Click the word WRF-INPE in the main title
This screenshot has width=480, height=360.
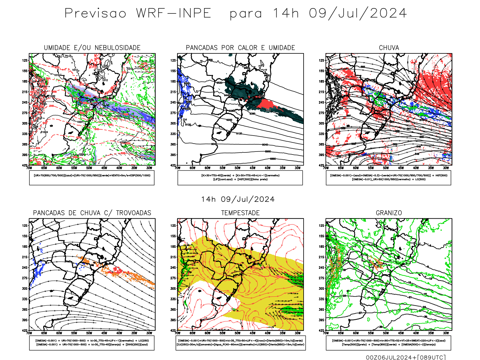[x=174, y=13]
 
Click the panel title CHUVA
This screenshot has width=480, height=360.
[x=389, y=48]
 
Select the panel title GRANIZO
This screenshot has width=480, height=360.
[x=389, y=213]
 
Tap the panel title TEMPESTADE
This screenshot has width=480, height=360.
[x=240, y=213]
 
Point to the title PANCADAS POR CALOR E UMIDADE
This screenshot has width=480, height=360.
[x=240, y=48]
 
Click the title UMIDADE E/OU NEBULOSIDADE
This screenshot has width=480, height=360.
[x=92, y=48]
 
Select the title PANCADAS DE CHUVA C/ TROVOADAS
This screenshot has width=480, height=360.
[x=92, y=213]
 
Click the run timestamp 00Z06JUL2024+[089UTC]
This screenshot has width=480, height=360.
[x=406, y=357]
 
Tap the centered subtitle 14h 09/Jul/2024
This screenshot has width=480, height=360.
[x=238, y=199]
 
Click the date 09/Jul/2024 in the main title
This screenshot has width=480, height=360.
[x=358, y=13]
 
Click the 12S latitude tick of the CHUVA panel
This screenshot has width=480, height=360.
[x=322, y=60]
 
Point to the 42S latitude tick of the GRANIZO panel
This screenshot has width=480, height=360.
[x=322, y=330]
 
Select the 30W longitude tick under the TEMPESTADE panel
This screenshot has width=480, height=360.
[x=297, y=333]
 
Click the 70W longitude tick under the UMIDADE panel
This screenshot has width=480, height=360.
[x=29, y=168]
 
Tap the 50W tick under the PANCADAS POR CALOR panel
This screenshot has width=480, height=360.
[x=237, y=168]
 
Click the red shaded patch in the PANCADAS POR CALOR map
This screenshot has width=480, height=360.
[x=267, y=104]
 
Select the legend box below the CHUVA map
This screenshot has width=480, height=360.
[x=388, y=178]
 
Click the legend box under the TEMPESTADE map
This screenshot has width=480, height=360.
[x=240, y=343]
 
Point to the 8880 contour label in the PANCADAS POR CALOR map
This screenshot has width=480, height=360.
[x=273, y=159]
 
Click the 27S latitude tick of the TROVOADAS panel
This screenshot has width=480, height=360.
[x=25, y=278]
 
